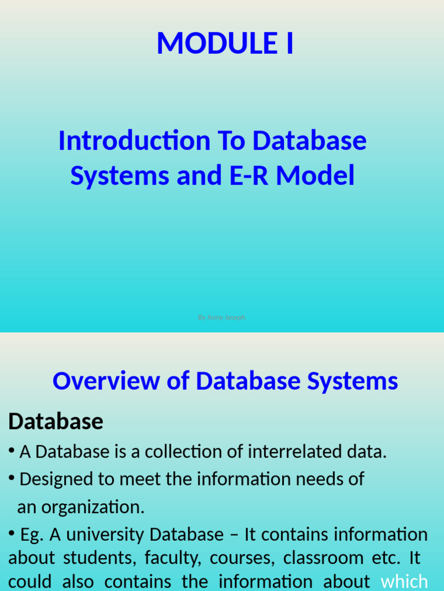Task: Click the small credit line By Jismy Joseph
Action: (x=221, y=317)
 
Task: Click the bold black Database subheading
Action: (x=55, y=422)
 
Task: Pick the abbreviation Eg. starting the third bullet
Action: (x=32, y=534)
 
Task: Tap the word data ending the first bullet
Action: (x=367, y=452)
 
